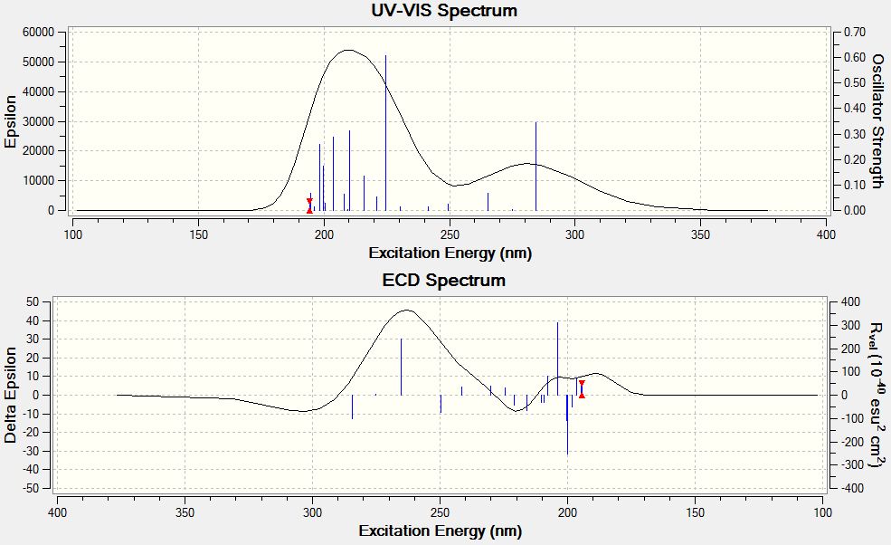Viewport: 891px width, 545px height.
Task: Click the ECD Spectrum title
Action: [444, 280]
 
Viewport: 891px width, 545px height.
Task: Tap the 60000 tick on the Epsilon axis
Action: [38, 32]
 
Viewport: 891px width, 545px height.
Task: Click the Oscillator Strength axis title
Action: [877, 121]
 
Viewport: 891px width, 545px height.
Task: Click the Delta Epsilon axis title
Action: [11, 394]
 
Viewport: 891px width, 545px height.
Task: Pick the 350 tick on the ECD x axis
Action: [185, 510]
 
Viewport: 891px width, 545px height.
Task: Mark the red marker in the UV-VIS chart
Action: [309, 206]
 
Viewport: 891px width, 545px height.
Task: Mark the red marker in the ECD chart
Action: [582, 389]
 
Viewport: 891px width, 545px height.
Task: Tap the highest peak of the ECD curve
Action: [407, 311]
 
